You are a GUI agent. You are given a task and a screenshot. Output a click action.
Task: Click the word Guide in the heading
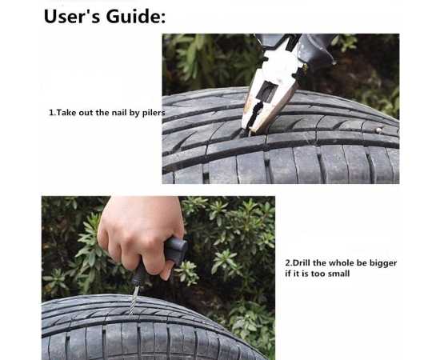pos(136,16)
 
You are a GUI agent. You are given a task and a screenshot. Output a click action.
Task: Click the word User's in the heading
pos(72,16)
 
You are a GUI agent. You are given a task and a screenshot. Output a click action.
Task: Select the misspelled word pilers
pos(154,113)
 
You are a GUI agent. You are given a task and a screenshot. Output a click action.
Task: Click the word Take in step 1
pos(66,113)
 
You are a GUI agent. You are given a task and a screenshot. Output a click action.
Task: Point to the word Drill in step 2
pos(302,263)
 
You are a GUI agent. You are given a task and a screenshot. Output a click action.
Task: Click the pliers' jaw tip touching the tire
pos(247,132)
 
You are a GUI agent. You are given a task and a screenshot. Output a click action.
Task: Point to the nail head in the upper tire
pos(378,130)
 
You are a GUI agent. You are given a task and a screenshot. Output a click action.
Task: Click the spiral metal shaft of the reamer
pos(134,300)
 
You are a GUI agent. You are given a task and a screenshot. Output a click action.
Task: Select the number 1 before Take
pos(51,113)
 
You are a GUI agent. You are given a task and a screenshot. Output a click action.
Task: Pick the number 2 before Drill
pos(288,263)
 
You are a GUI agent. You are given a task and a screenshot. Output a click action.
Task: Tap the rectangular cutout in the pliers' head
pos(266,92)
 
